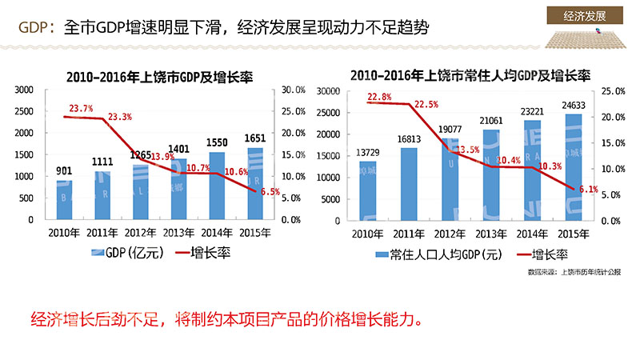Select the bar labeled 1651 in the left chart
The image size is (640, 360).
254,183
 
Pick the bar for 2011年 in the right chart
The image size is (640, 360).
409,183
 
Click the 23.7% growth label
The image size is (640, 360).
81,108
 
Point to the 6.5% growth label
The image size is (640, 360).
270,192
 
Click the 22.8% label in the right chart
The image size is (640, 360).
379,97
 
